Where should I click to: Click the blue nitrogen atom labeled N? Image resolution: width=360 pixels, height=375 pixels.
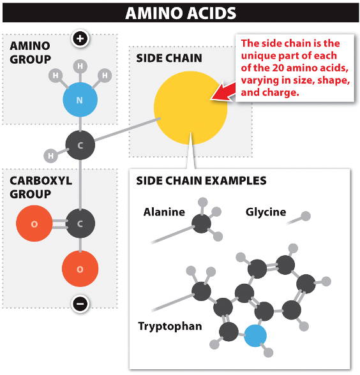(80, 99)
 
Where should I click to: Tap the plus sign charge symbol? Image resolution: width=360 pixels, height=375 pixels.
(80, 39)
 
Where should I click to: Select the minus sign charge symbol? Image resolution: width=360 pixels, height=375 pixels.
(80, 304)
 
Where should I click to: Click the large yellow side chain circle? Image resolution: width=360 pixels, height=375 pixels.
(190, 108)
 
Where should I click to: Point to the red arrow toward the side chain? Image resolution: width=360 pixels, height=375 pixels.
(223, 92)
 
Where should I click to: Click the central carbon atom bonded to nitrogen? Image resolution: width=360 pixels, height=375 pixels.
(80, 145)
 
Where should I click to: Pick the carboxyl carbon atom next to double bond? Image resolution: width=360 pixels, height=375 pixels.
(80, 224)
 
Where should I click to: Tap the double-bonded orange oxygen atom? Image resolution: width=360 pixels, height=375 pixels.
(34, 224)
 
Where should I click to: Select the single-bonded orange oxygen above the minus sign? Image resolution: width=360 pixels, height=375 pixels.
(80, 269)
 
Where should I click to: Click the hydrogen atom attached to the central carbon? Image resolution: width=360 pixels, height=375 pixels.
(50, 156)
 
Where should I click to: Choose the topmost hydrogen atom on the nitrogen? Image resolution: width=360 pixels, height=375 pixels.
(80, 66)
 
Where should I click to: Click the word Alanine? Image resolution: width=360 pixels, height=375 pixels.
(164, 212)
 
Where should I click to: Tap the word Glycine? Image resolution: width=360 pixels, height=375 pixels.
(266, 212)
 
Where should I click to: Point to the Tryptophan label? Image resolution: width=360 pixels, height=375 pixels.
(170, 327)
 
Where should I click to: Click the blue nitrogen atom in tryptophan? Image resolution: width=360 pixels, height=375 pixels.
(255, 335)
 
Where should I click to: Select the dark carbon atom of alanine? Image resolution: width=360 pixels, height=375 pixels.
(201, 224)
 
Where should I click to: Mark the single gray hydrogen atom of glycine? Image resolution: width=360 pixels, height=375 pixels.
(305, 216)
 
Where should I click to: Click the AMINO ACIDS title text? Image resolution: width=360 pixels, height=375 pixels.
(181, 13)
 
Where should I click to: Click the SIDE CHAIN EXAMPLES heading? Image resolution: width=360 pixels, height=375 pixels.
(201, 180)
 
